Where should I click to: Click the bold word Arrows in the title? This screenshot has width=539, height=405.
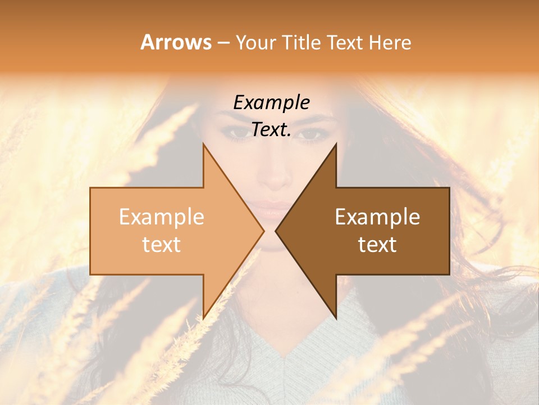[176, 42]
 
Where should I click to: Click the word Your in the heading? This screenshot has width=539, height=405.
[255, 43]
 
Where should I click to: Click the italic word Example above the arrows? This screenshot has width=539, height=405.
[271, 103]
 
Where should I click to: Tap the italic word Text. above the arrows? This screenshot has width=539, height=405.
[271, 130]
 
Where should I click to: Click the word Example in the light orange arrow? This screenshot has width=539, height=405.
[162, 217]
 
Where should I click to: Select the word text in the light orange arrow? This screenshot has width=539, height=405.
[162, 245]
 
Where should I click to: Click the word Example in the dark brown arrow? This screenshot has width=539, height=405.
[377, 217]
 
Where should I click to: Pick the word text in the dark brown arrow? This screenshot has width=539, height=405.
[377, 245]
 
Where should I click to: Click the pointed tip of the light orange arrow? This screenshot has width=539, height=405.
[263, 231]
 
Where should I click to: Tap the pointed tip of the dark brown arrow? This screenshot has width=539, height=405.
[276, 231]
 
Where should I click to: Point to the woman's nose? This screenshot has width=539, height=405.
[273, 180]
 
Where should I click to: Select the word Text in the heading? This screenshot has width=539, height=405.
[345, 42]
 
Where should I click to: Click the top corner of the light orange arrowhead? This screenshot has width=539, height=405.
[203, 144]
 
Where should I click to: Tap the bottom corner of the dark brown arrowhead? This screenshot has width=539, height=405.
[336, 318]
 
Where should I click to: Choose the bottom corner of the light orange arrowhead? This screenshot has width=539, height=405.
[203, 318]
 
